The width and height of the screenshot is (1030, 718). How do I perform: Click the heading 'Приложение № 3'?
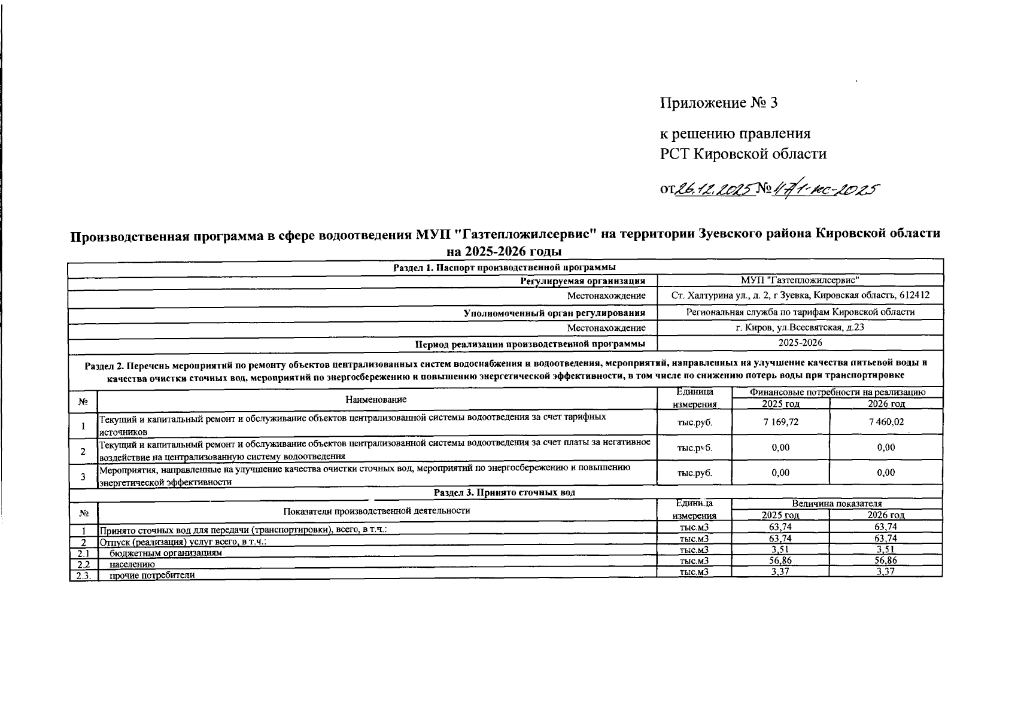(718, 103)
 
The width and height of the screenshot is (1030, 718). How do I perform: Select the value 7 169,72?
(780, 422)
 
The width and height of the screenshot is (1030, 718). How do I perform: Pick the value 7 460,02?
(886, 422)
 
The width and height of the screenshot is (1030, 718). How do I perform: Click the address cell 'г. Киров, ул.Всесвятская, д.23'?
(800, 327)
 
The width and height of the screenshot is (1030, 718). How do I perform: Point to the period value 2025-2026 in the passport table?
(800, 343)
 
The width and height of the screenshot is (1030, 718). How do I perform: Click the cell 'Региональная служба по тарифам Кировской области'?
(800, 312)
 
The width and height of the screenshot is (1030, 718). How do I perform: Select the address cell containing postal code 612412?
(800, 296)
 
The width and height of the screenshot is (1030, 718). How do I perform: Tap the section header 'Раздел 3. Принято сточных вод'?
(504, 492)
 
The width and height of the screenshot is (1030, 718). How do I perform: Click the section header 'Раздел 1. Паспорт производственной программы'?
(504, 267)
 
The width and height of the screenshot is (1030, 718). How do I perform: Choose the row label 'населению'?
(132, 564)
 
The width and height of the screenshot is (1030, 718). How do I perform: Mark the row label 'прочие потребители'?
(152, 575)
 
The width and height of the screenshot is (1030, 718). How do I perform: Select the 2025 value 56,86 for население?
(780, 561)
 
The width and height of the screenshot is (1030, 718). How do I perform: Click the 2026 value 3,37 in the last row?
(886, 572)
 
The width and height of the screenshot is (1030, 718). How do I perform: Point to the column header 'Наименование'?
(376, 399)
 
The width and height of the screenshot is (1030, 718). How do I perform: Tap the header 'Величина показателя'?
(837, 504)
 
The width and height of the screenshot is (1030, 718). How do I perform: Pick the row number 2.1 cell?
(83, 553)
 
